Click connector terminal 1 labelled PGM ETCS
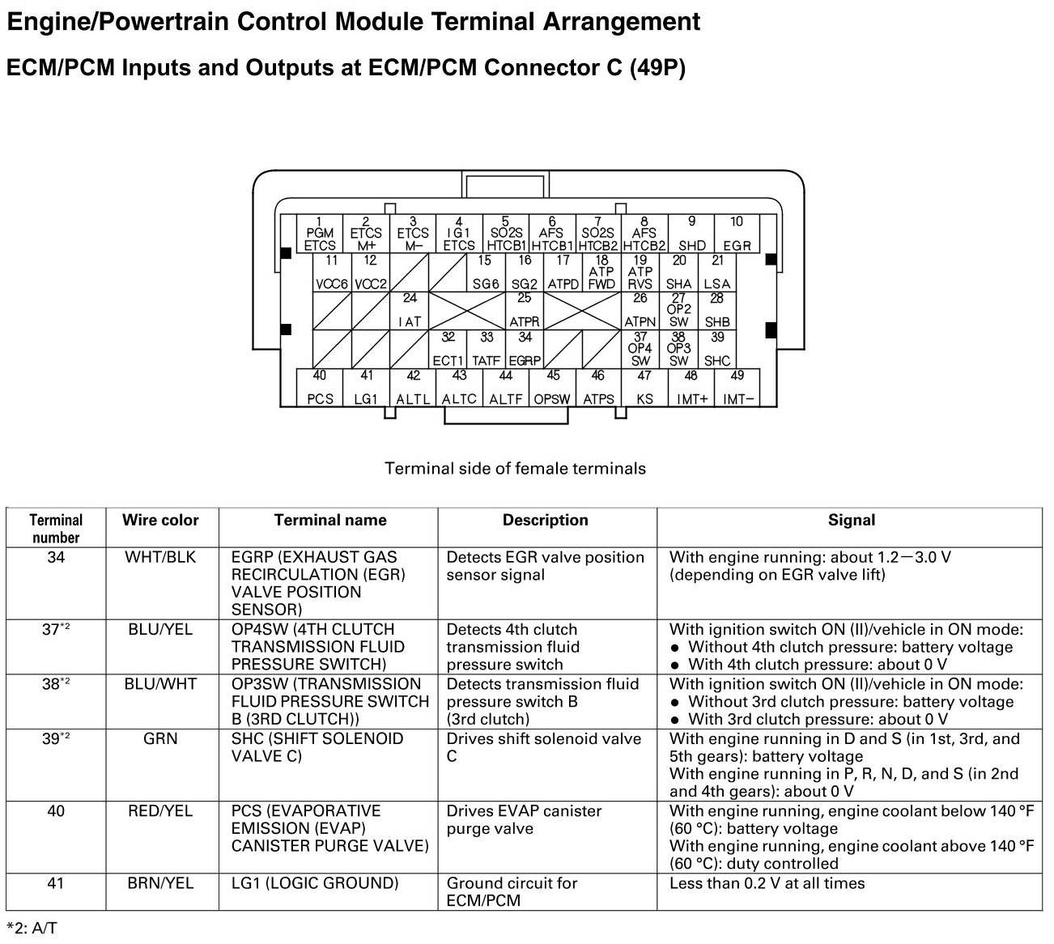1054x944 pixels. pos(320,233)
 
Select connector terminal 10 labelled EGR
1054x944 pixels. pos(737,233)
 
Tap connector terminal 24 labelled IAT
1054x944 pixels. pos(410,311)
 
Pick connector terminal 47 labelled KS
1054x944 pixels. pos(644,387)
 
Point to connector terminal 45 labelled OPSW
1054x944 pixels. pos(553,387)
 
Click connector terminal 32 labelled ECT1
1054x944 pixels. pos(448,349)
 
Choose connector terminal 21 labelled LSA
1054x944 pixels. pos(717,273)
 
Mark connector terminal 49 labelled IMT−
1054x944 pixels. pos(737,387)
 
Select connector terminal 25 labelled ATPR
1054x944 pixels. pos(525,311)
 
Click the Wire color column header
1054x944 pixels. pos(160,521)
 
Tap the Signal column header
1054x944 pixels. pos(851,521)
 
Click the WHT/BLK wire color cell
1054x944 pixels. pos(160,558)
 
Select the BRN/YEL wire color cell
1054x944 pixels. pos(160,883)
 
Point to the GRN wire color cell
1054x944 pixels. pos(160,739)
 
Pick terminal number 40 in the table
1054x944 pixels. pos(56,811)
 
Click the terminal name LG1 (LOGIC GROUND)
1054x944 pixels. pos(315,883)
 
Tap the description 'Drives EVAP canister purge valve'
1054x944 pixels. pos(524,819)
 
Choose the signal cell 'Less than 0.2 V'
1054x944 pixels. pos(767,883)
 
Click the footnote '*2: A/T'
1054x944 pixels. pos(32,928)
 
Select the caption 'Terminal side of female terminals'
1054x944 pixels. pos(515,469)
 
